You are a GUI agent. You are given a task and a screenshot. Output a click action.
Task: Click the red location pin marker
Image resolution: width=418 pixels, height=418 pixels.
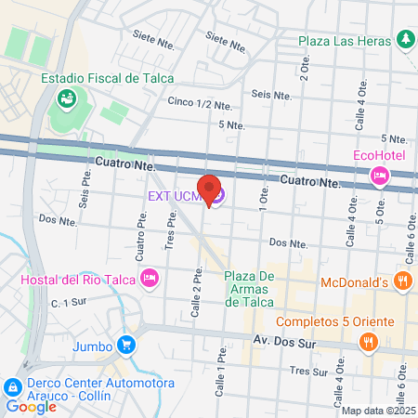210,190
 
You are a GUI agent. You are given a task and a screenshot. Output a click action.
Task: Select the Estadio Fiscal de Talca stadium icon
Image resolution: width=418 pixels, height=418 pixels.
67,97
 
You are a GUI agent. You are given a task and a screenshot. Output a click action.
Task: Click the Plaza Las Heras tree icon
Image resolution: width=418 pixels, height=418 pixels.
404,39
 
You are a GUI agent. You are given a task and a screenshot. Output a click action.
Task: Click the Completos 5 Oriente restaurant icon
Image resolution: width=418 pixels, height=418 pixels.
369,343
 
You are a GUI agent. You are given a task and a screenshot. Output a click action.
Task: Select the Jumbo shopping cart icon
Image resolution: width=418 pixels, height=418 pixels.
125,345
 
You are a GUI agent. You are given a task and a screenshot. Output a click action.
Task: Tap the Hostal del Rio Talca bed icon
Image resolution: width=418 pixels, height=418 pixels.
149,277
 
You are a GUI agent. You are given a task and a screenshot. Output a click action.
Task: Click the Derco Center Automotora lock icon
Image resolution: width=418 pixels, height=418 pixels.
11,385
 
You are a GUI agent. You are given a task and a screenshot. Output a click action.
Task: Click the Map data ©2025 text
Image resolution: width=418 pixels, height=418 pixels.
378,410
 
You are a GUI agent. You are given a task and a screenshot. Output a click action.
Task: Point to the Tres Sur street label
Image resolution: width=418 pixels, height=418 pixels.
308,371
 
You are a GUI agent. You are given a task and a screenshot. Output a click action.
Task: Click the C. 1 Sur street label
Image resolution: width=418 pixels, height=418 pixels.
68,303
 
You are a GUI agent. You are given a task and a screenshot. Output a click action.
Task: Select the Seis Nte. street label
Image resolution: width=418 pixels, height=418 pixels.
271,94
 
